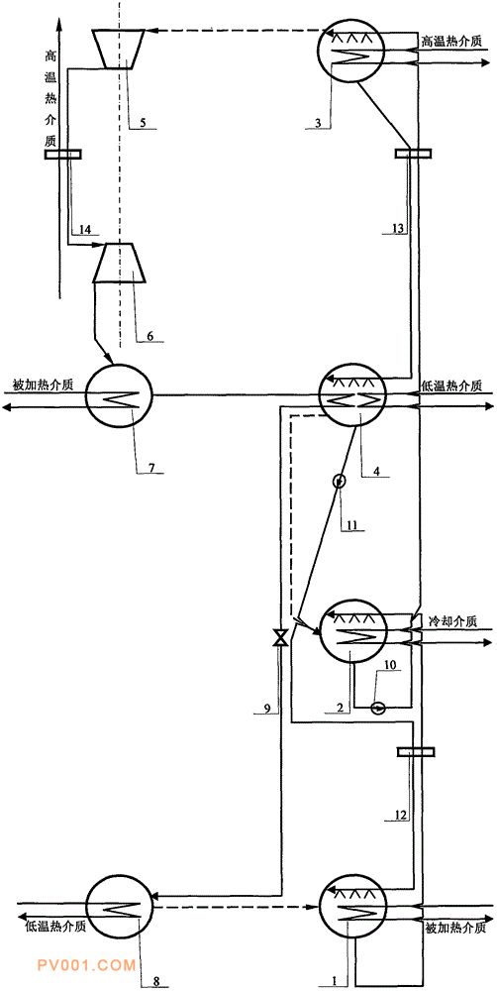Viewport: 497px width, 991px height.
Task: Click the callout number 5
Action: click(x=143, y=123)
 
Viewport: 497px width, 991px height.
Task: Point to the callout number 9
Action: click(x=267, y=710)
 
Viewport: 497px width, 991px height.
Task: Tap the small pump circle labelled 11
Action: click(x=340, y=482)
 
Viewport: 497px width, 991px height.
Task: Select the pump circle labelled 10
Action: click(x=378, y=708)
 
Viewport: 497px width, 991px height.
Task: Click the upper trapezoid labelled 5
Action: click(x=118, y=49)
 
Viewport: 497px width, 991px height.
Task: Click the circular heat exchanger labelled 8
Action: click(x=118, y=907)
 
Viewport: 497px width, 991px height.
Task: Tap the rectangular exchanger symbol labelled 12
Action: click(x=416, y=751)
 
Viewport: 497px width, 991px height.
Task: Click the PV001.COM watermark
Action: click(x=86, y=965)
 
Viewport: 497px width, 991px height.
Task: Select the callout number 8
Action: click(x=156, y=981)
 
